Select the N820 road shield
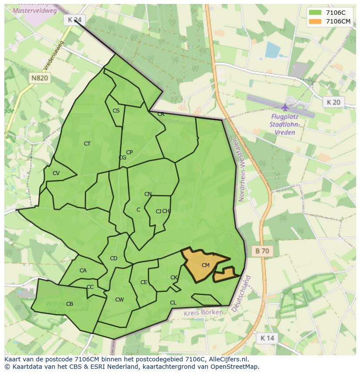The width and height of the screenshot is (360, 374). [40, 78]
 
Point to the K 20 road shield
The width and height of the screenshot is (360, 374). [333, 102]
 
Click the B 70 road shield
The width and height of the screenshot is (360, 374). [262, 251]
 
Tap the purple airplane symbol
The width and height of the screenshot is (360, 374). [285, 107]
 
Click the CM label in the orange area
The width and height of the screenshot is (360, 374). [206, 265]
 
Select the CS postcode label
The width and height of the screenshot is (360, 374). [116, 111]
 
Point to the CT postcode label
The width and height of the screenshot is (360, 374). [87, 144]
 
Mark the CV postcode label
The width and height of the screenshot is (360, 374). [56, 173]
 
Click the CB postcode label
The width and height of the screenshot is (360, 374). [70, 304]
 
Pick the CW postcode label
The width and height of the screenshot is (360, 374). [120, 300]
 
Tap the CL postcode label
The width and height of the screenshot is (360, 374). [173, 303]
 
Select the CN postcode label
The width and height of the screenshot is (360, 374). [148, 194]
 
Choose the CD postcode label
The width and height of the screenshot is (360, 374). [113, 258]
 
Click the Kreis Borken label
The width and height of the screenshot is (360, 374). [203, 313]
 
